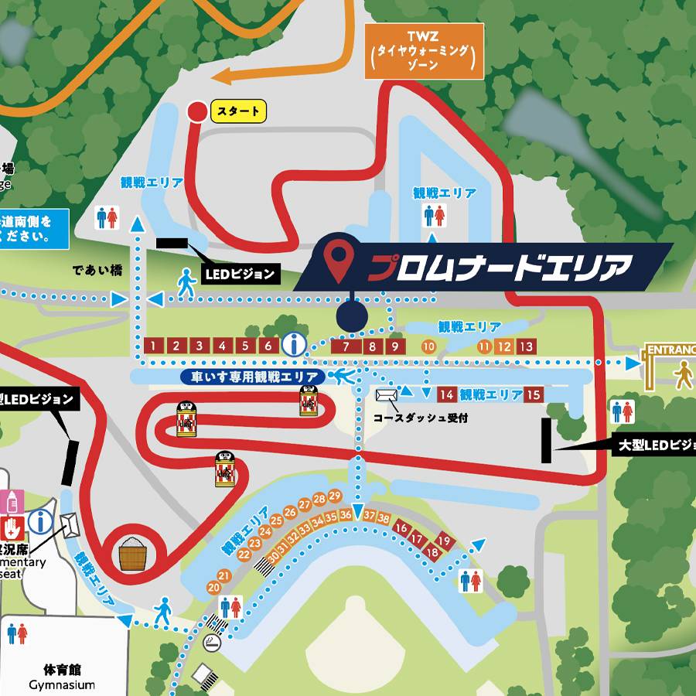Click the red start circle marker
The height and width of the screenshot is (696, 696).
(197, 111)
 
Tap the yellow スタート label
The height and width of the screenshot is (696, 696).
(238, 111)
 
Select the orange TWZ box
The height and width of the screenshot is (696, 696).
(424, 52)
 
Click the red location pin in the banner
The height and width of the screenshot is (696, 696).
(337, 262)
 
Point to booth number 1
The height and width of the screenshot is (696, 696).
(154, 346)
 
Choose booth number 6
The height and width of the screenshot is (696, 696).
(268, 346)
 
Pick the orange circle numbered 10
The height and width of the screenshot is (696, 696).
(428, 346)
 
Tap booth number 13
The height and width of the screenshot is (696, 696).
(526, 346)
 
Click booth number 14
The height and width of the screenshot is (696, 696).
(446, 394)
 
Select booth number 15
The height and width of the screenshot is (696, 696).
(533, 394)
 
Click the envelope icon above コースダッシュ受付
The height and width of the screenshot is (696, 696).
(385, 394)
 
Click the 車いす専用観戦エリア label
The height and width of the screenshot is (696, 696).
(253, 377)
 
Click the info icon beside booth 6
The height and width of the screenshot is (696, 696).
(294, 345)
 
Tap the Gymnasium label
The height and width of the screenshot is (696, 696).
(62, 685)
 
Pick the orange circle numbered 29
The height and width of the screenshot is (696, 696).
(335, 496)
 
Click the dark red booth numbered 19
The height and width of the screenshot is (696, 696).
(444, 541)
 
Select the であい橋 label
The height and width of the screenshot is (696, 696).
(98, 271)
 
